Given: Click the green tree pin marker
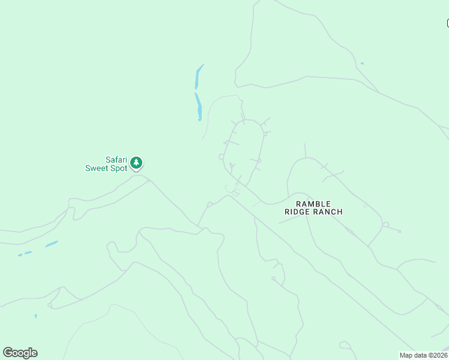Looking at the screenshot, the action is (137, 163).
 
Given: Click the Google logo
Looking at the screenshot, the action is (20, 353).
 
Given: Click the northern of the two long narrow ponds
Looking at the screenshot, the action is (198, 77).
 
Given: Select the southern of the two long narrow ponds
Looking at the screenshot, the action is (198, 106).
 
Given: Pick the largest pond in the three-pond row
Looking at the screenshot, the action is (52, 244).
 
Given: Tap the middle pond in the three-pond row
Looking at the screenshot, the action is (28, 253).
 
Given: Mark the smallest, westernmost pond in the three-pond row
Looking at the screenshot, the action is (19, 255).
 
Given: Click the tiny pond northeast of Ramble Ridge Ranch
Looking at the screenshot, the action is (362, 63).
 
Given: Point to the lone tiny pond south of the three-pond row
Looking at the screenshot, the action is (35, 316).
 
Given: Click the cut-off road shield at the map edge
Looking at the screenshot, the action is (447, 23).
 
